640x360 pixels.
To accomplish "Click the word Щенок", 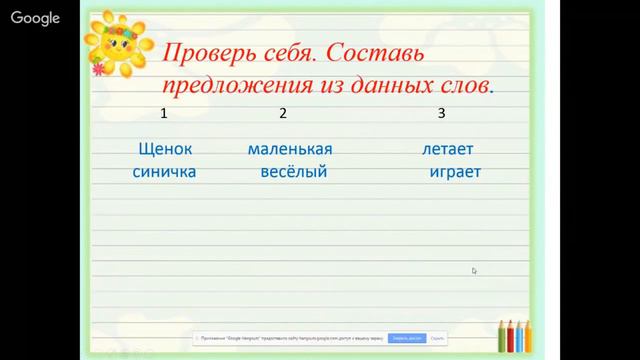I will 164,149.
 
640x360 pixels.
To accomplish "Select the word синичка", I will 164,172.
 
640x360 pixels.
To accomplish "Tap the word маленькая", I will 289,149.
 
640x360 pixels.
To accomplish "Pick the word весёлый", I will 293,172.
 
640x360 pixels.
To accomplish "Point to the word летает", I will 447,149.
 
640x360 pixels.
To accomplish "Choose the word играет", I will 455,172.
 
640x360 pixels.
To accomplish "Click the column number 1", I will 163,113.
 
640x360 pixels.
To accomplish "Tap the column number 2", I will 283,113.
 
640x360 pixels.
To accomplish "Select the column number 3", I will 441,113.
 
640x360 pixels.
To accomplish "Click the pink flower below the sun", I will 98,70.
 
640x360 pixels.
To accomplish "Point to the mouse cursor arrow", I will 474,270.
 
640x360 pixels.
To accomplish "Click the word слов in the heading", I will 467,86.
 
